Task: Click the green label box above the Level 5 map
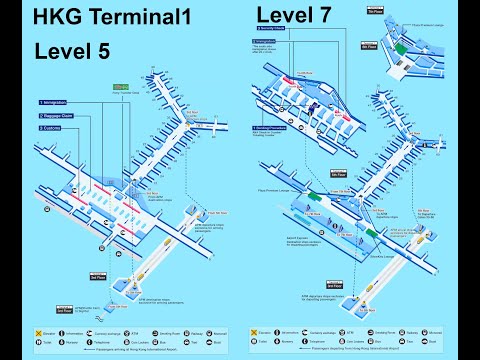click(x=121, y=87)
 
